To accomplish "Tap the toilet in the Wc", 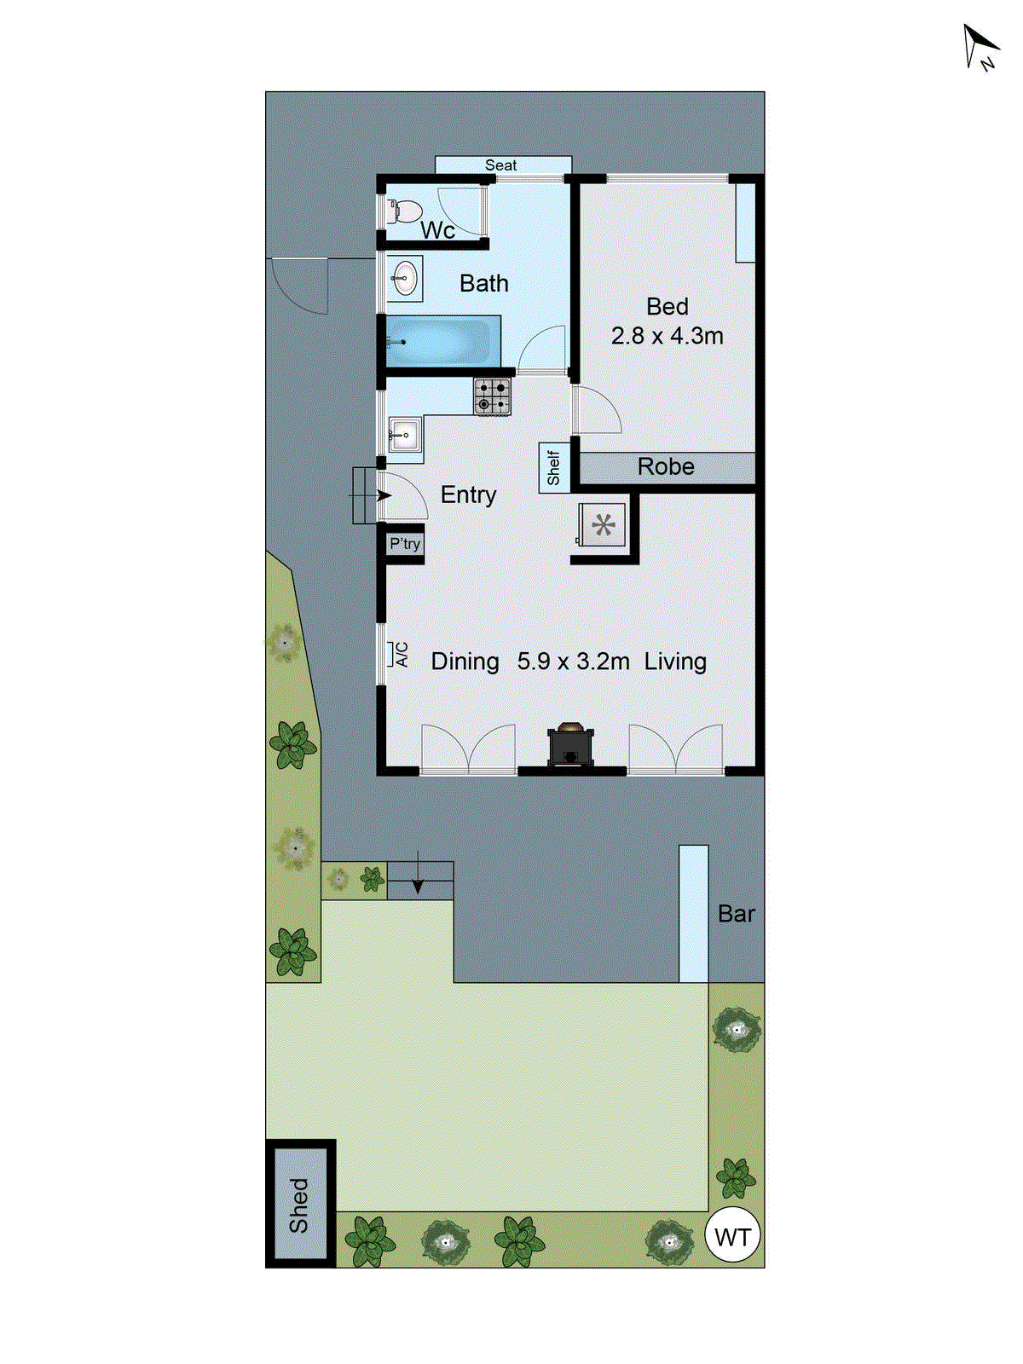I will [405, 210].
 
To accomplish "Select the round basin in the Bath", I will [405, 278].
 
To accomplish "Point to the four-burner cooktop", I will [492, 397].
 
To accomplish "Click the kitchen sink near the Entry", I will [404, 435].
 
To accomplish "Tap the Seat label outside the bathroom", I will [501, 165].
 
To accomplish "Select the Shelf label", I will [554, 468].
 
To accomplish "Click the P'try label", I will [405, 544].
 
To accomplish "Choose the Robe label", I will [666, 467].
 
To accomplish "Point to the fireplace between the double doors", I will [570, 745].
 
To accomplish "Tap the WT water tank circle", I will [733, 1237].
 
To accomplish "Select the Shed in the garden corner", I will [299, 1205].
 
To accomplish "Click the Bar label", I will [737, 914].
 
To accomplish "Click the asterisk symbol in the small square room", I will [604, 525].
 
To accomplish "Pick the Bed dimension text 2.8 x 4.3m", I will [667, 336].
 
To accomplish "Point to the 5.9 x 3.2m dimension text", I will [573, 662].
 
